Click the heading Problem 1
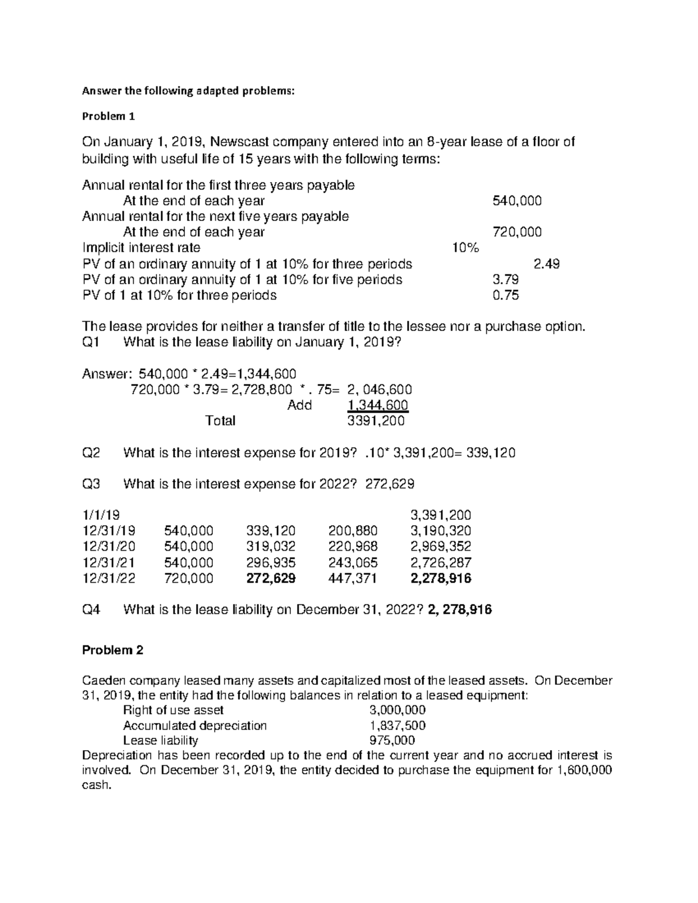108,116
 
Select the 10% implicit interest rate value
465,248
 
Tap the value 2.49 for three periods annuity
546,264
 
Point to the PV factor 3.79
505,280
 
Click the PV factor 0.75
505,295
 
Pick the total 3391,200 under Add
376,421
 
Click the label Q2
91,453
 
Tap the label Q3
91,484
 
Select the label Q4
91,610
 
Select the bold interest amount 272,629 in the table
270,579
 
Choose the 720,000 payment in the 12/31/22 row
189,579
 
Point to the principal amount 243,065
352,562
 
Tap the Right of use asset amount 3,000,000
397,710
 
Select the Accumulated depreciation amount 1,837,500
397,726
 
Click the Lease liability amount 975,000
393,741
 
